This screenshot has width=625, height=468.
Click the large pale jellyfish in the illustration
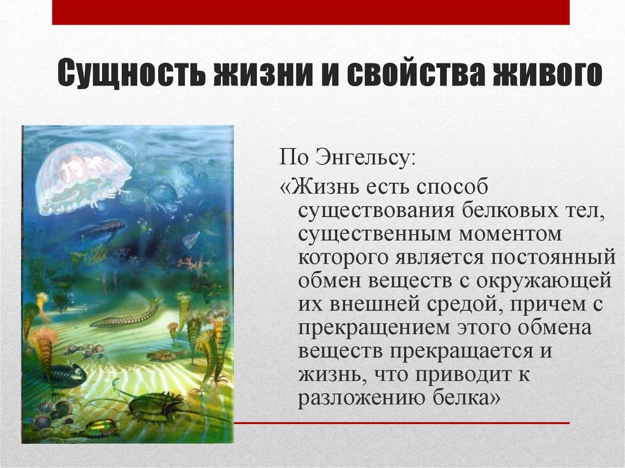(82, 177)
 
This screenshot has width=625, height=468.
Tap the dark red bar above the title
(311, 12)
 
